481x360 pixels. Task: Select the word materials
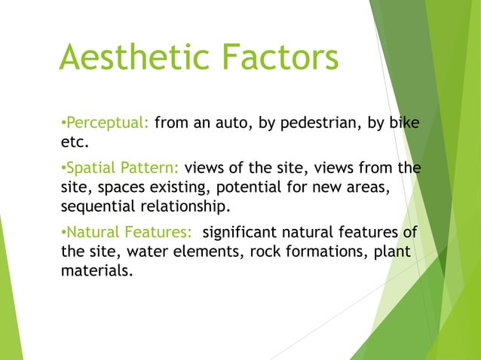coord(95,270)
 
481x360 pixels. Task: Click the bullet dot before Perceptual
coord(62,123)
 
